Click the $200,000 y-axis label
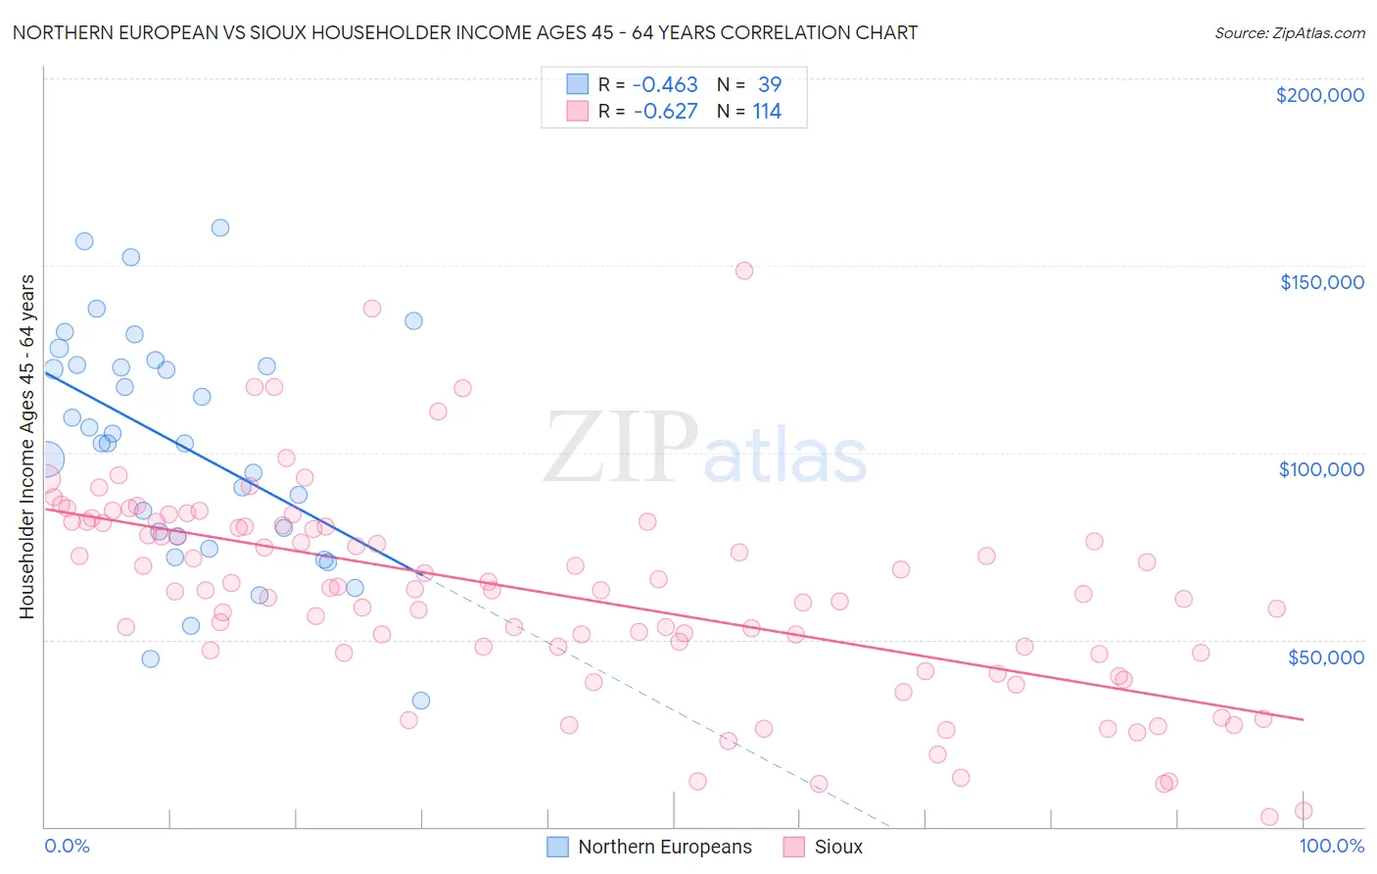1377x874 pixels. click(x=1319, y=95)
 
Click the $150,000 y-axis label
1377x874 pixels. click(x=1321, y=282)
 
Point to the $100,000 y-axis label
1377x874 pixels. click(x=1321, y=469)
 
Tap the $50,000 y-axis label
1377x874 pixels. click(x=1325, y=656)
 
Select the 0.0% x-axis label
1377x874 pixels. click(x=67, y=846)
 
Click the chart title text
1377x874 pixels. click(x=465, y=32)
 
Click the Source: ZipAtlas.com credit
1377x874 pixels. click(x=1289, y=32)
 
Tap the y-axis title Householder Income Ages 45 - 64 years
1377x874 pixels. click(x=26, y=447)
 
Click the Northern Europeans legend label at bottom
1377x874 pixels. click(x=665, y=847)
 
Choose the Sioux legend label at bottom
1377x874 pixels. click(x=838, y=847)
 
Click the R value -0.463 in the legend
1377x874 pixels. click(x=665, y=84)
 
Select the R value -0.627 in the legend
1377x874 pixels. click(x=665, y=111)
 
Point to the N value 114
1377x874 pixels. click(x=766, y=111)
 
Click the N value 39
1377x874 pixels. click(x=769, y=84)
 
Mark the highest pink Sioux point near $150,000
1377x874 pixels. click(x=744, y=270)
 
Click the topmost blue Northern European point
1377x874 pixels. click(x=220, y=227)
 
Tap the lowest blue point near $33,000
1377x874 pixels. click(x=421, y=701)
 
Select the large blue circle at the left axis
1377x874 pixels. click(x=45, y=459)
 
